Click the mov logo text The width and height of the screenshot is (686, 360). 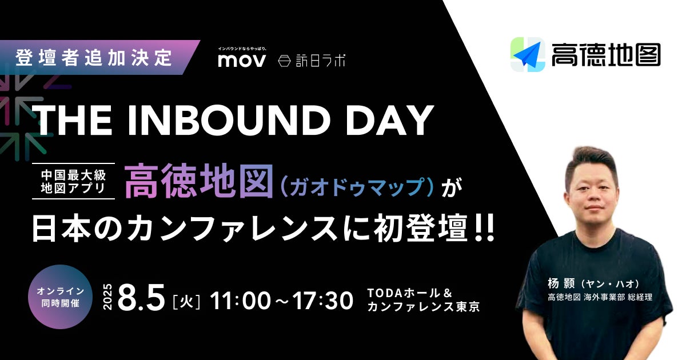tap(242, 61)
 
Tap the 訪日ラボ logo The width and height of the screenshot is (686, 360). tap(312, 61)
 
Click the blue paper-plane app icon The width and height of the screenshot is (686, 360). tap(528, 54)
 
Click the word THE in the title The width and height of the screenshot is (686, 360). tap(74, 121)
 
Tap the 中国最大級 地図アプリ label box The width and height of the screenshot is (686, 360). tap(74, 181)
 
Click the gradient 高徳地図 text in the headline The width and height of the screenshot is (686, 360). tap(199, 181)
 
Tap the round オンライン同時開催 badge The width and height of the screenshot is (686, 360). tap(61, 297)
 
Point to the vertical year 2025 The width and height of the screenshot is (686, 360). tap(108, 297)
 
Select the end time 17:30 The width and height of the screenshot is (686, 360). tap(322, 300)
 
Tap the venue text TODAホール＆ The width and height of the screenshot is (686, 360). tap(410, 293)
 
